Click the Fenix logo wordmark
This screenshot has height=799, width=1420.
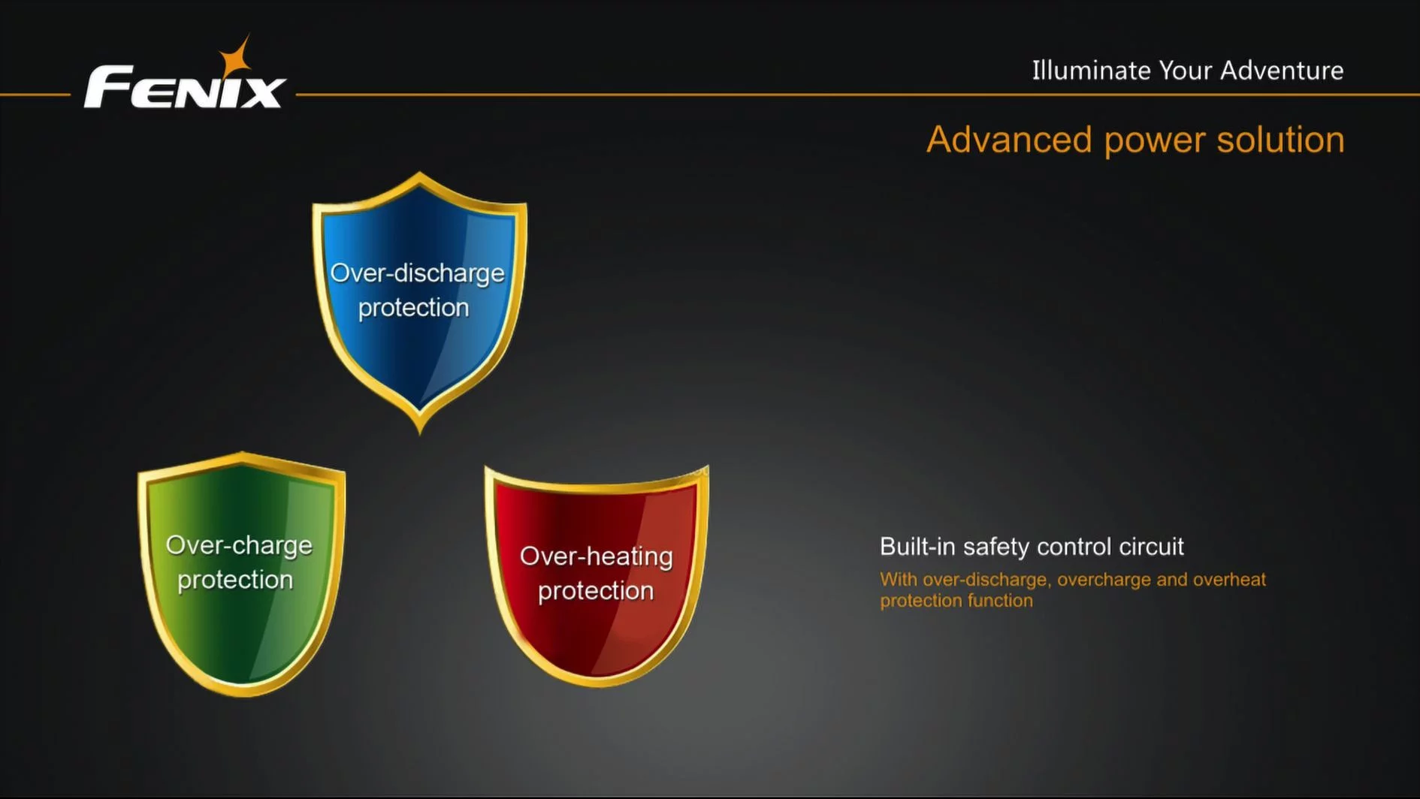185,87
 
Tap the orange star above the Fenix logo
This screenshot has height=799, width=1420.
235,57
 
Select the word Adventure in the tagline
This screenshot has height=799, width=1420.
1282,70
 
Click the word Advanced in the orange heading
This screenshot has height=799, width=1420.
1009,140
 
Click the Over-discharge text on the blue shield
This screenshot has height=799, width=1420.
417,273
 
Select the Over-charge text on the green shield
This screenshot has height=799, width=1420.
239,545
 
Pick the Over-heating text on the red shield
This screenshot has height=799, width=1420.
597,556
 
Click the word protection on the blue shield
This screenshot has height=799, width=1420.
413,308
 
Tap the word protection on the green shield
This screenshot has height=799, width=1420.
235,580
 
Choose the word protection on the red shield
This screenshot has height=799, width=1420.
596,591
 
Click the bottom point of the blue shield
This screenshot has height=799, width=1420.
419,433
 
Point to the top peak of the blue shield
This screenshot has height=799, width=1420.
419,173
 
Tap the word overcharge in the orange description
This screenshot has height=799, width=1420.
1104,580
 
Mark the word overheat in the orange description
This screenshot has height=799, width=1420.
1230,580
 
